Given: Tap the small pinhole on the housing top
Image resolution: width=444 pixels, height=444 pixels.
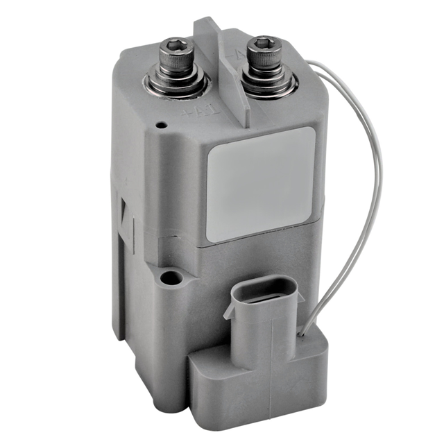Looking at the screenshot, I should (160, 126).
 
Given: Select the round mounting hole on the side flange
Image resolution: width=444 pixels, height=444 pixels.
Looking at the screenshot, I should (170, 280).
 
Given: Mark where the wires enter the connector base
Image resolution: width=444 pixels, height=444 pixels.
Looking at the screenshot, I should (303, 334).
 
